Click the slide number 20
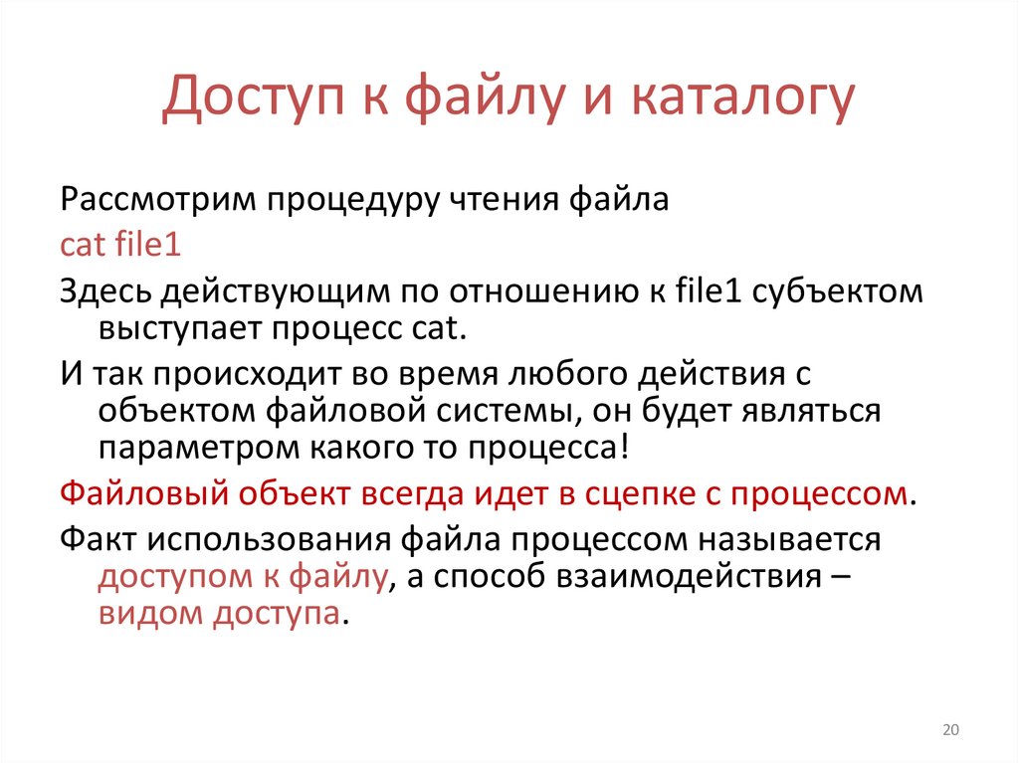click(949, 731)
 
